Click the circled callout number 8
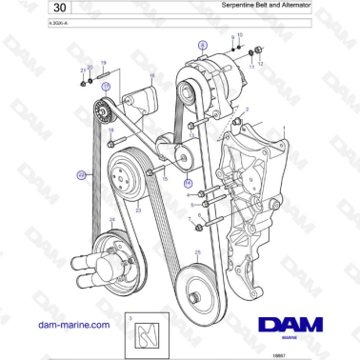click(201, 45)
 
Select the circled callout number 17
click(106, 86)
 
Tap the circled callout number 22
click(81, 174)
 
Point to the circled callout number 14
click(188, 182)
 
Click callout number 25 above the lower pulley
click(197, 252)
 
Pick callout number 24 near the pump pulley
click(111, 221)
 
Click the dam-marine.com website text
click(69, 325)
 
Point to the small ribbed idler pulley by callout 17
click(102, 116)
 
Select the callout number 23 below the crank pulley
click(139, 210)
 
